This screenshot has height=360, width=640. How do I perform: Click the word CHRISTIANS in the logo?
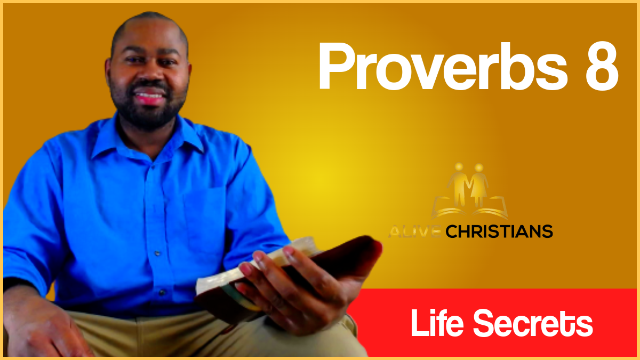tap(499, 231)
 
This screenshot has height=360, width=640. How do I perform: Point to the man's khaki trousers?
tap(160, 336)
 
